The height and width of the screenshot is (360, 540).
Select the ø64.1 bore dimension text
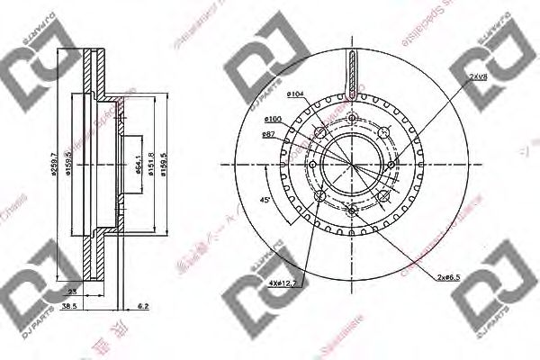click(139, 166)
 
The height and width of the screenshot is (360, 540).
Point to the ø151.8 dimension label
click(153, 166)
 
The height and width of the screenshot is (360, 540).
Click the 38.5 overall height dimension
click(68, 307)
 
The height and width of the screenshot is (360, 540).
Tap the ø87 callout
click(267, 134)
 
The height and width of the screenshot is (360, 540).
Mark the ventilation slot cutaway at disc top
click(351, 76)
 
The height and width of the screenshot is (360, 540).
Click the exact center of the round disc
click(351, 166)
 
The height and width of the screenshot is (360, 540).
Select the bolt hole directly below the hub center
click(351, 211)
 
